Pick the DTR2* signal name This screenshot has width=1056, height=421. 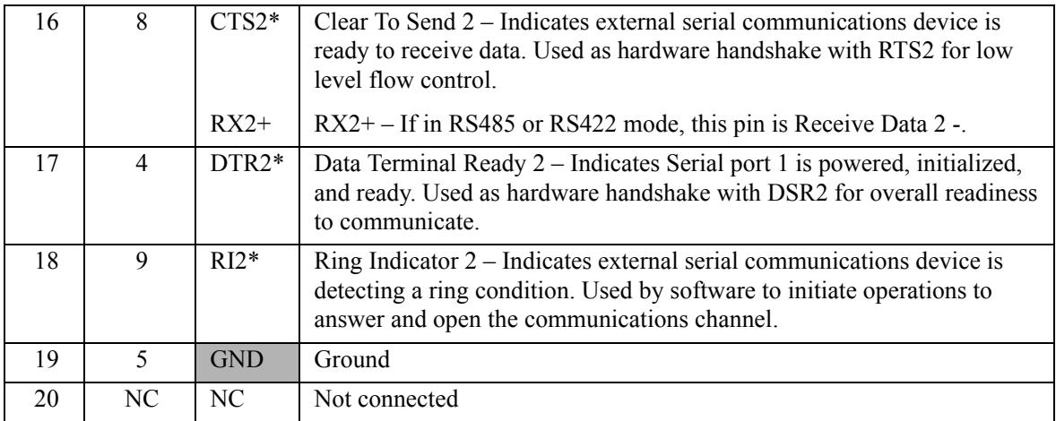tap(245, 165)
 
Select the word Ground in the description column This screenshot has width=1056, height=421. tap(352, 360)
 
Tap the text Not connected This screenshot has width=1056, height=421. tap(385, 400)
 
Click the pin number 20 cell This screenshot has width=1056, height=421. tap(42, 400)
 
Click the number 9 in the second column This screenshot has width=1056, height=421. tap(142, 262)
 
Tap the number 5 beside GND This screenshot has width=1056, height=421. tap(142, 359)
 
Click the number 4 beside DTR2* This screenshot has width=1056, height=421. tap(142, 165)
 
